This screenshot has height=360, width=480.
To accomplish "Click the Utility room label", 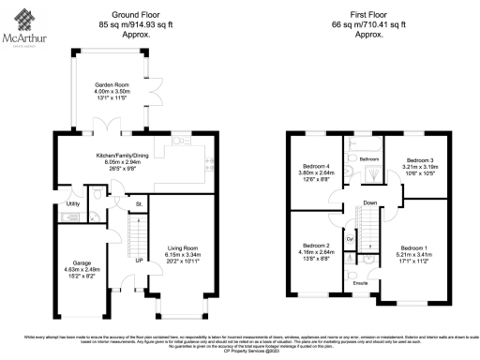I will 72,202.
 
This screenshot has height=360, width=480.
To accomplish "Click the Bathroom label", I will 367,159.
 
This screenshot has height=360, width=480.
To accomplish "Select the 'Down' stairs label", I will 369,202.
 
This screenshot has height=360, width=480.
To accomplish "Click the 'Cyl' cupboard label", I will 350,239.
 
